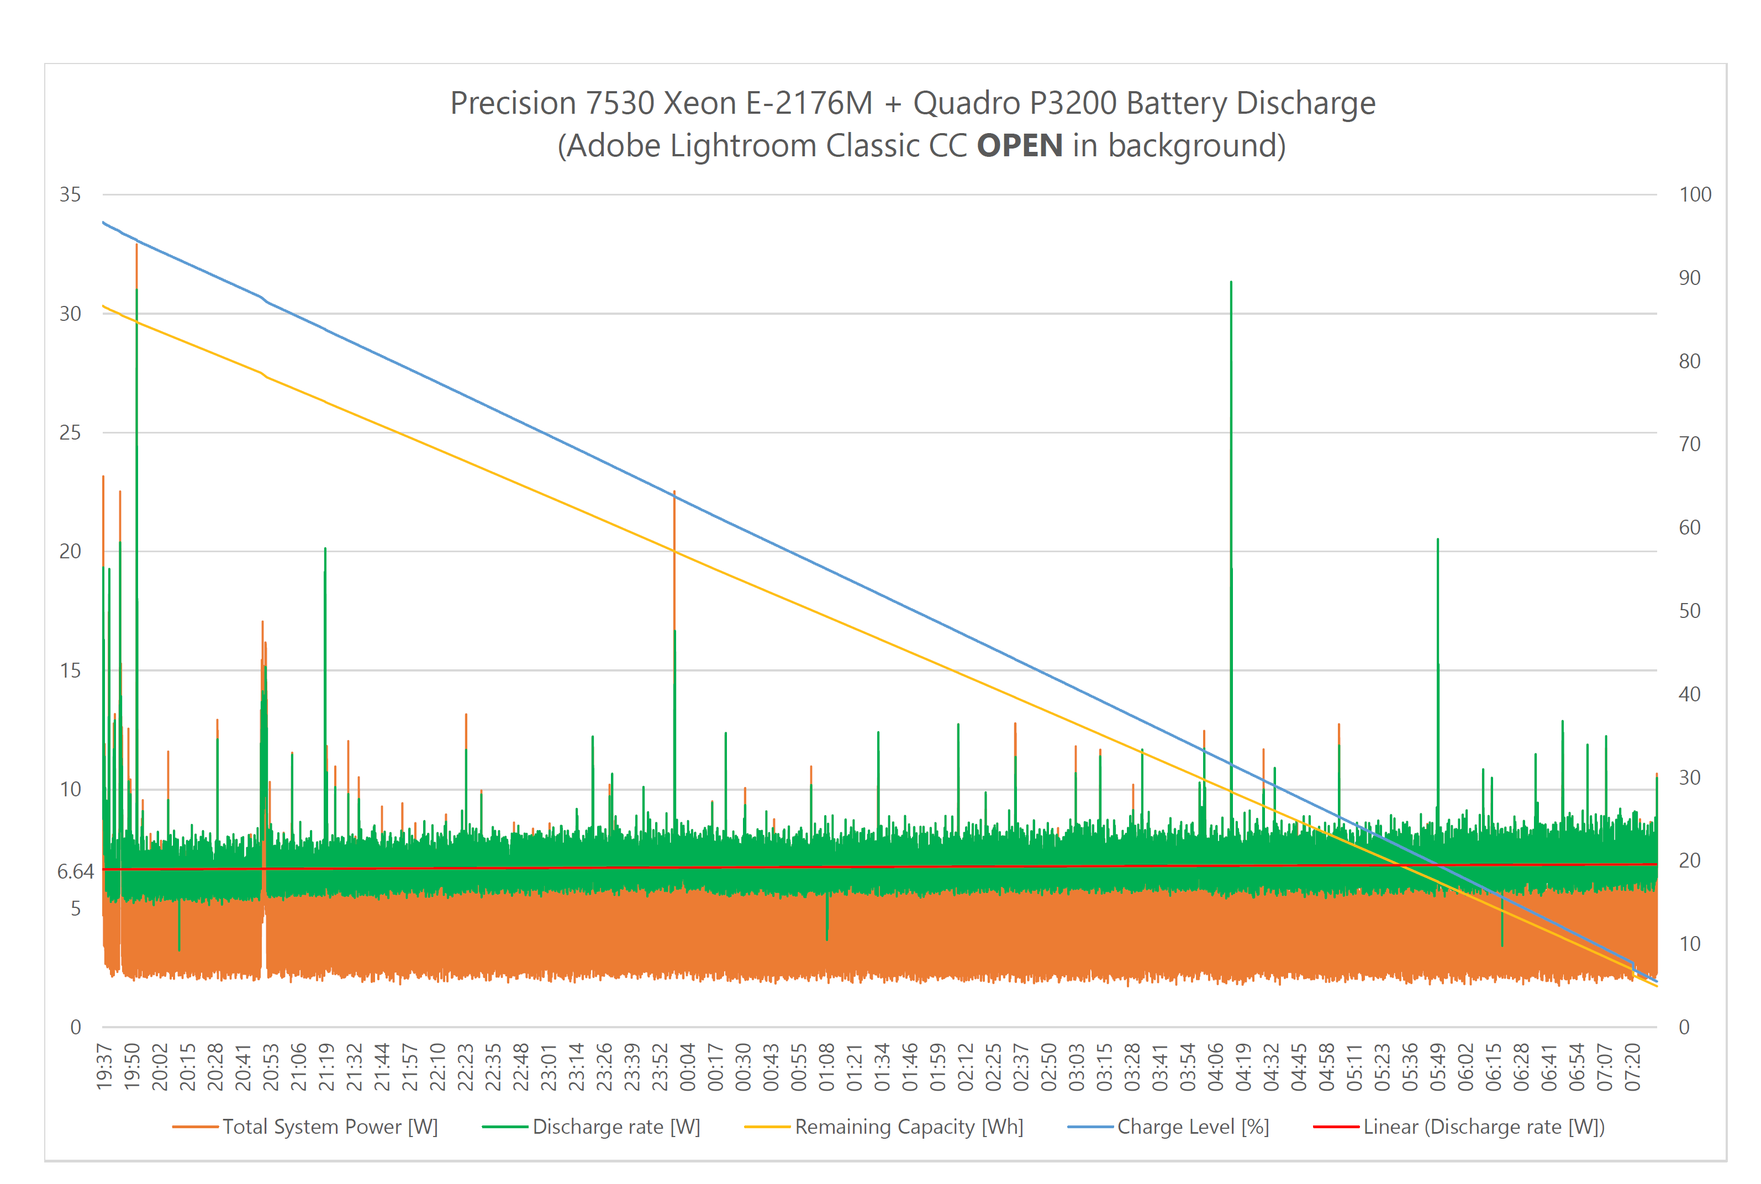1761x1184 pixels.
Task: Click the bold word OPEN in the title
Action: [1020, 146]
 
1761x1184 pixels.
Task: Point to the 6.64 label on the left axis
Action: [76, 871]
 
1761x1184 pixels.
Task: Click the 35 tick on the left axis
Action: [70, 195]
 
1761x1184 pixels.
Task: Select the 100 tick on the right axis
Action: [1695, 195]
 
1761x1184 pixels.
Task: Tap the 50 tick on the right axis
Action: [1689, 611]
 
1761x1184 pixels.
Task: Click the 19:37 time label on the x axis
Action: [104, 1067]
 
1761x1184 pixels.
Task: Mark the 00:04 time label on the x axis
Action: [687, 1067]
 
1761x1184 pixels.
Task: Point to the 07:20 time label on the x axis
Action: [1633, 1067]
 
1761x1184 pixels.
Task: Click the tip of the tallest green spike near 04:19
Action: [1231, 282]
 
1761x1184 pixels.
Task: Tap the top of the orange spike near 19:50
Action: [136, 245]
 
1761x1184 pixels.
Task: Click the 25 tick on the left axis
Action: [70, 432]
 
